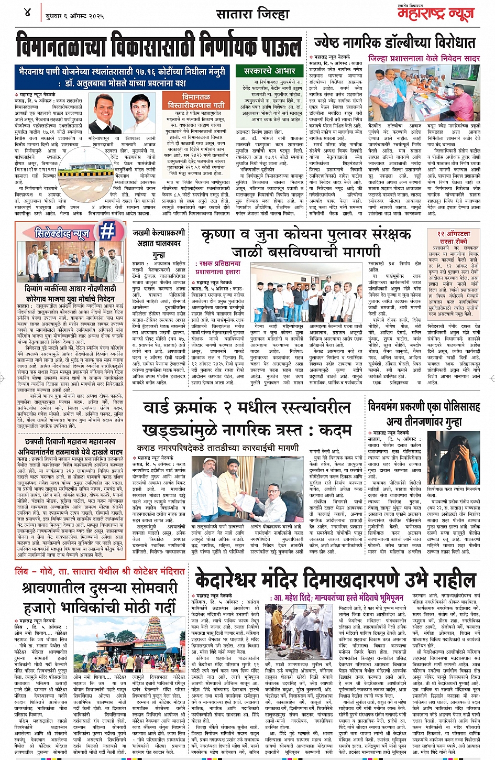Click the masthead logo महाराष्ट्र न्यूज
435,14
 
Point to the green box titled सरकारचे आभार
269,70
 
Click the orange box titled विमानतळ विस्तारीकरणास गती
204,101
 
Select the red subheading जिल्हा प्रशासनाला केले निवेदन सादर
424,59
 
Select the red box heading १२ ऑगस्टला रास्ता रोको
454,237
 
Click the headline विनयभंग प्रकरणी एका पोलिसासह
424,406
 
